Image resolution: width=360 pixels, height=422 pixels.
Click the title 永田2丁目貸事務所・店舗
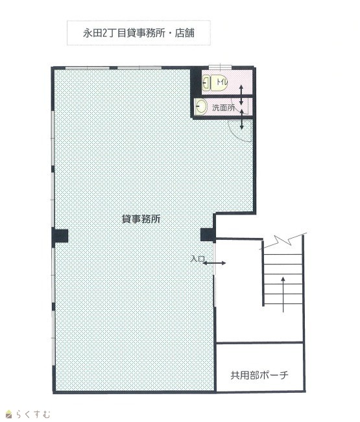(x=138, y=33)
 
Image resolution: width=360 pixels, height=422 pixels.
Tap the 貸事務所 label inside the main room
(x=141, y=219)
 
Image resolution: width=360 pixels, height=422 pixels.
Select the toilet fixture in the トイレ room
(x=215, y=83)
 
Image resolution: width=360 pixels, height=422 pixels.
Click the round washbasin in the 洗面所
(x=201, y=107)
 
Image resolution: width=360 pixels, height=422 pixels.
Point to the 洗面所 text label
(x=224, y=108)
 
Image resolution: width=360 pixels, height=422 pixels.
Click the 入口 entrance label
(x=197, y=259)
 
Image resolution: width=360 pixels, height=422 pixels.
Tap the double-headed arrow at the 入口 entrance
(x=214, y=263)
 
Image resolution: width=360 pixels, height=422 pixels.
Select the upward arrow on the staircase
(x=283, y=294)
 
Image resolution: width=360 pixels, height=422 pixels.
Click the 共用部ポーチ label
(x=259, y=375)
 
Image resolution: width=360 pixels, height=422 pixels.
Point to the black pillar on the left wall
(x=60, y=236)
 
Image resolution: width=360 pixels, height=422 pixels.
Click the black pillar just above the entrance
(x=208, y=235)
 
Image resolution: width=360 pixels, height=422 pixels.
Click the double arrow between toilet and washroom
(x=241, y=95)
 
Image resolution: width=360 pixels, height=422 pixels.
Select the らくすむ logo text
(x=33, y=414)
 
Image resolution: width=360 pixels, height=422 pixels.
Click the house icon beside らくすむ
(x=9, y=414)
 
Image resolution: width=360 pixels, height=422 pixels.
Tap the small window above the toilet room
(x=221, y=67)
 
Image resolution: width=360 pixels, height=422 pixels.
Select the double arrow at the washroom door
(x=241, y=119)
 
